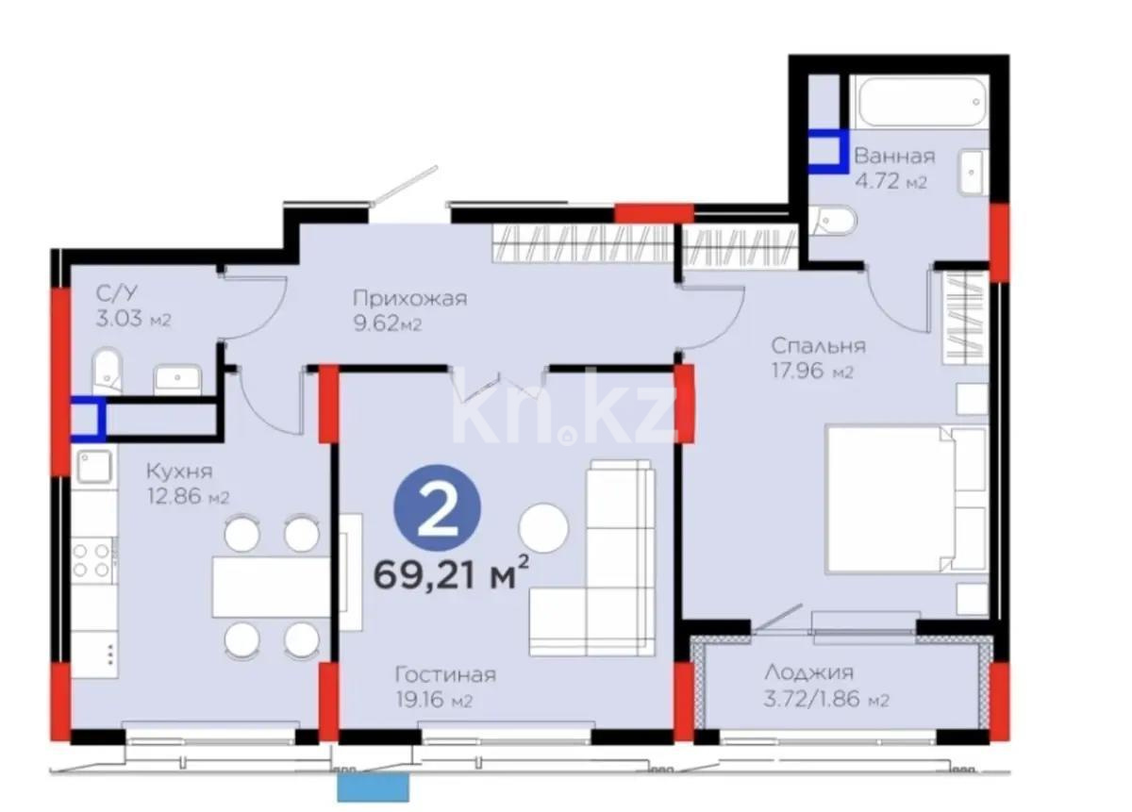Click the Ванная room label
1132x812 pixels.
pos(893,157)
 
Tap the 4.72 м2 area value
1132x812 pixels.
pos(890,182)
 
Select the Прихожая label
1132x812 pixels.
pos(409,299)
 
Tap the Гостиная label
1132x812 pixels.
pos(445,675)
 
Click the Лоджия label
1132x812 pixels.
pos(808,673)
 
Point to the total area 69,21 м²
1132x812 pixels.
pos(451,573)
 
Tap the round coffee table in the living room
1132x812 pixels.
pos(545,528)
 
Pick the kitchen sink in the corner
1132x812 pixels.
pos(93,466)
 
